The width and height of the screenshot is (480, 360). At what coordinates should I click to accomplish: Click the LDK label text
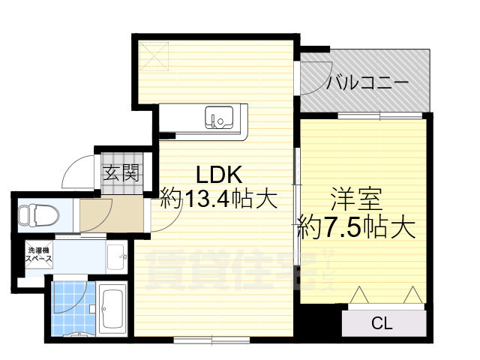217,175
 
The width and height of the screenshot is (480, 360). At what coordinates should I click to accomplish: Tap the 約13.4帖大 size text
219,199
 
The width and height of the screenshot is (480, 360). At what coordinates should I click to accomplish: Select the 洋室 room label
357,199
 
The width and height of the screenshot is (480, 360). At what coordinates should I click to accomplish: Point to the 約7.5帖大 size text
357,225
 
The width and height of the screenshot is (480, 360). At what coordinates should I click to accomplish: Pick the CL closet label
382,324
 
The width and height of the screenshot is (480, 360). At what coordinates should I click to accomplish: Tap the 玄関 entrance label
121,174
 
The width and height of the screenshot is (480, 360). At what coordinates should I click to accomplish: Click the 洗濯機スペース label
39,254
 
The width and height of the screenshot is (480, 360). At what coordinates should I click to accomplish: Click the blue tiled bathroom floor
71,307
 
